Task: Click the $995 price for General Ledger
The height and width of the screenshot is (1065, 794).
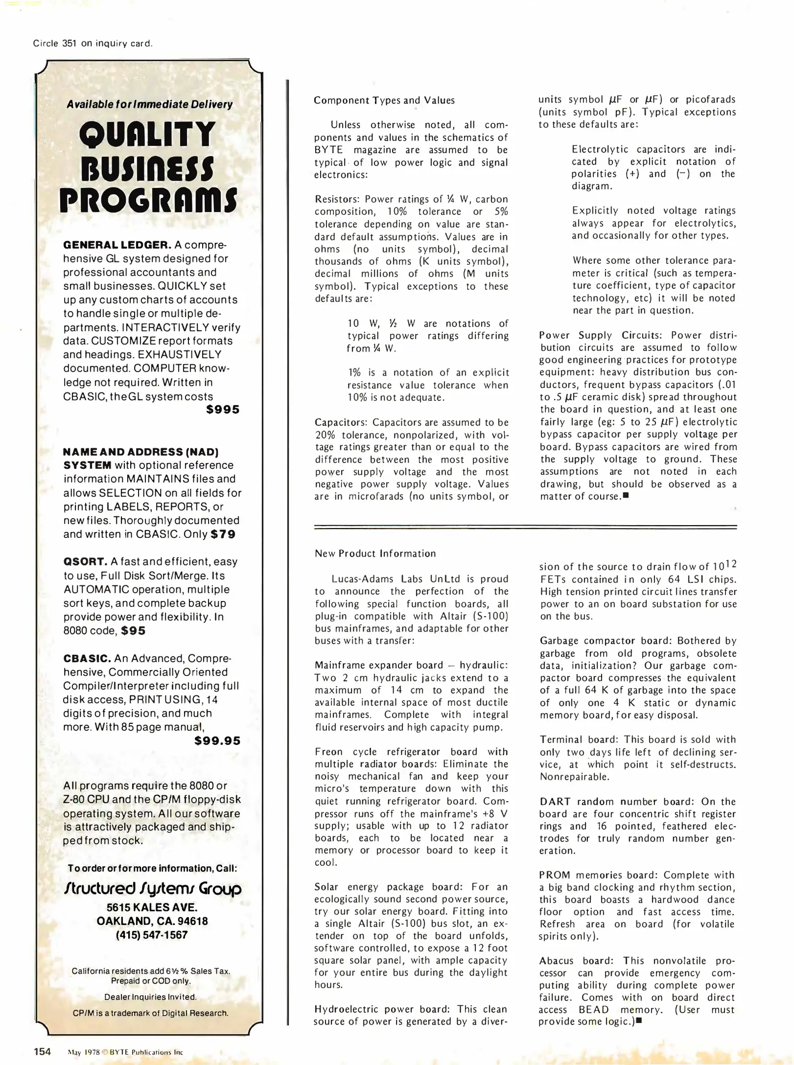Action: [x=222, y=409]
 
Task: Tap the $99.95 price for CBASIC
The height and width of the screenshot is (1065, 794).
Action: [x=217, y=741]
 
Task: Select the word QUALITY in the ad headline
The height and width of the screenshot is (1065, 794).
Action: [x=147, y=134]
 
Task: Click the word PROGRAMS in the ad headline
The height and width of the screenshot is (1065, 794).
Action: [x=148, y=201]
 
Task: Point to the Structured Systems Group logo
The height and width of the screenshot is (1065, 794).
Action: [x=152, y=888]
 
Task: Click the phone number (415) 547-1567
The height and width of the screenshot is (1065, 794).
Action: [x=152, y=935]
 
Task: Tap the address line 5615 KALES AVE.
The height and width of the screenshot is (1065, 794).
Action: [x=152, y=907]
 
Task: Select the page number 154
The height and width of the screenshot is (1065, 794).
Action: [x=42, y=1051]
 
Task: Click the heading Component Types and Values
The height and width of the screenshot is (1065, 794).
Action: [x=384, y=100]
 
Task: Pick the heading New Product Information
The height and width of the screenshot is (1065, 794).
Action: [x=375, y=553]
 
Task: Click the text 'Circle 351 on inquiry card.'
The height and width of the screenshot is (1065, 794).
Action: [x=93, y=43]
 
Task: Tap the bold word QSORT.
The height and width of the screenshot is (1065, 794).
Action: [x=85, y=562]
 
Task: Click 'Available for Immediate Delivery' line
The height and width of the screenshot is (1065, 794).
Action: [x=149, y=105]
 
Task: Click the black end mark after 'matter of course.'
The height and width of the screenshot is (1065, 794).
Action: [x=626, y=496]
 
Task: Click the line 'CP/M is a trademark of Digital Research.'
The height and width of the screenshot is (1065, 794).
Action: [x=150, y=1013]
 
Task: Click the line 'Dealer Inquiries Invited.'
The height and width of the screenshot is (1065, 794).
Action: [x=150, y=996]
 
